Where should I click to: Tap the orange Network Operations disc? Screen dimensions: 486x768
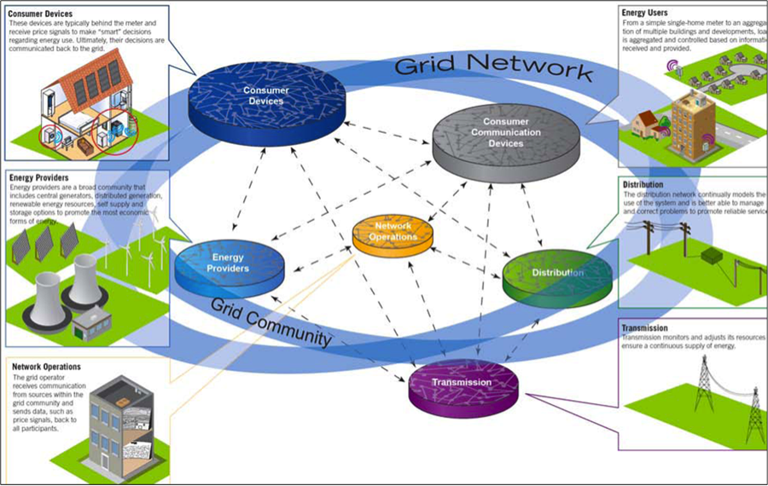[x=393, y=233]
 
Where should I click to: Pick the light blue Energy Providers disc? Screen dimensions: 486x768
[x=228, y=264]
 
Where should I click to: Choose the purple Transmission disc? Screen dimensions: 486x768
[x=461, y=384]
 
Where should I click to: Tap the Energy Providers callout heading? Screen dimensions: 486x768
[x=39, y=177]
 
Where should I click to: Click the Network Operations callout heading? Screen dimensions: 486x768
[x=47, y=367]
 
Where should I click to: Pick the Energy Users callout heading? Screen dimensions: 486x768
[x=649, y=14]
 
